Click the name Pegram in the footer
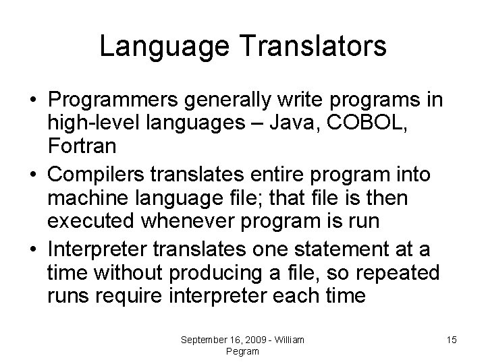coord(243,351)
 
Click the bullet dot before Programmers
coord(32,101)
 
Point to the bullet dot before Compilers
coord(32,176)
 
